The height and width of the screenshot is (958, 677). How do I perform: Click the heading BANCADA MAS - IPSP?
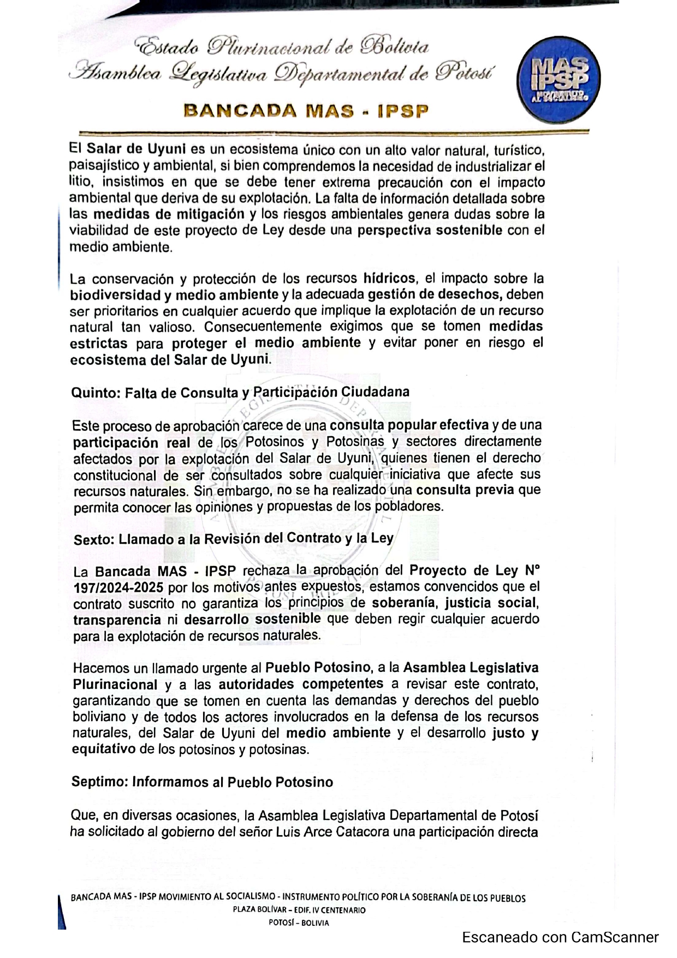[306, 111]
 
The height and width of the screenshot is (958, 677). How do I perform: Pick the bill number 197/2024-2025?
[118, 588]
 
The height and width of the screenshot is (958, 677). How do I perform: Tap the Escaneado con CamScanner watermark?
[560, 937]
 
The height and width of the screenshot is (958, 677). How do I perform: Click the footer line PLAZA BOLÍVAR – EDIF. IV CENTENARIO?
[299, 910]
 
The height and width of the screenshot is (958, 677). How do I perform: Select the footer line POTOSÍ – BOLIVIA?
[299, 923]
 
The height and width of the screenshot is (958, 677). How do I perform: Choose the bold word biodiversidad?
[115, 295]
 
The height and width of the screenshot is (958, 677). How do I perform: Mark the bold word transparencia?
[117, 620]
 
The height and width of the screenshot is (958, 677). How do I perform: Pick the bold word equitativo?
[104, 749]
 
